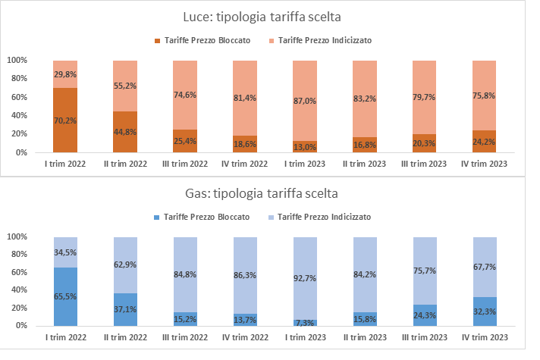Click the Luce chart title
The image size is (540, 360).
(x=272, y=17)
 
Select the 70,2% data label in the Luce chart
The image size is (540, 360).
(x=65, y=119)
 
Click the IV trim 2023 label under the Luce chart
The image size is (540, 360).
(x=485, y=163)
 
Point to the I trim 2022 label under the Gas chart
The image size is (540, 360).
(x=65, y=337)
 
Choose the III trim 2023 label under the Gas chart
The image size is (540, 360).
(x=425, y=337)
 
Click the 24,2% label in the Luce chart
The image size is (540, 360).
(x=485, y=142)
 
